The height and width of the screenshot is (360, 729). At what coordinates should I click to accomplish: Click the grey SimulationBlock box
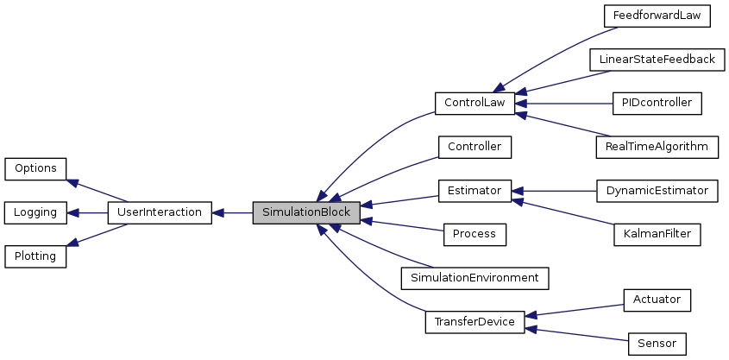tap(305, 212)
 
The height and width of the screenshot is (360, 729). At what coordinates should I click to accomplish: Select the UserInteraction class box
tap(159, 212)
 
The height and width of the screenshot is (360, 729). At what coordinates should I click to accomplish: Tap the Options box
tap(35, 168)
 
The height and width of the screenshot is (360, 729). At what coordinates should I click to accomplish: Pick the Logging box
tap(35, 212)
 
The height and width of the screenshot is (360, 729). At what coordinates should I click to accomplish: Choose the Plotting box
tap(35, 256)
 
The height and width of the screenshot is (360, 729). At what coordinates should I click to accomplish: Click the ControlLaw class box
tap(474, 103)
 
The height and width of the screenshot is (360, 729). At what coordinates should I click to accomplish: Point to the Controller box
tap(474, 147)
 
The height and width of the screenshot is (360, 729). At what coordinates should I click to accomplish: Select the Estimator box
tap(474, 191)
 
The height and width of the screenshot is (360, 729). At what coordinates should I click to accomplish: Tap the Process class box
tap(474, 234)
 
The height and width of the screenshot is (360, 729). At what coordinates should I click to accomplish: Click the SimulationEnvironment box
tap(474, 278)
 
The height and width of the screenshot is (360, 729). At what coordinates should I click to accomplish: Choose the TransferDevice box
tap(474, 322)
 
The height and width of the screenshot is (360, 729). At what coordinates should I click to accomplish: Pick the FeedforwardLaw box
tap(657, 16)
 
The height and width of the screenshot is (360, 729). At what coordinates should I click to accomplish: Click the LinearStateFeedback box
tap(657, 60)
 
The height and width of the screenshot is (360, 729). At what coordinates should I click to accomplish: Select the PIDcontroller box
tap(657, 103)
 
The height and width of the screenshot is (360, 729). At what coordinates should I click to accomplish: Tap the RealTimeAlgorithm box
tap(657, 147)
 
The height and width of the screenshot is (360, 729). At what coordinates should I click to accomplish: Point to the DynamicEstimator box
tap(657, 191)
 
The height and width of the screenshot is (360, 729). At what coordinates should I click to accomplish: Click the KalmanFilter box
tap(657, 234)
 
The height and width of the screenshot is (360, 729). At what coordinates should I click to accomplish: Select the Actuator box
tap(657, 300)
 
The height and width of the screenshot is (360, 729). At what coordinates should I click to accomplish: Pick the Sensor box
tap(657, 344)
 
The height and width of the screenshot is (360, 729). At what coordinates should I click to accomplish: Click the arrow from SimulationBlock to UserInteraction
tap(232, 212)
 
